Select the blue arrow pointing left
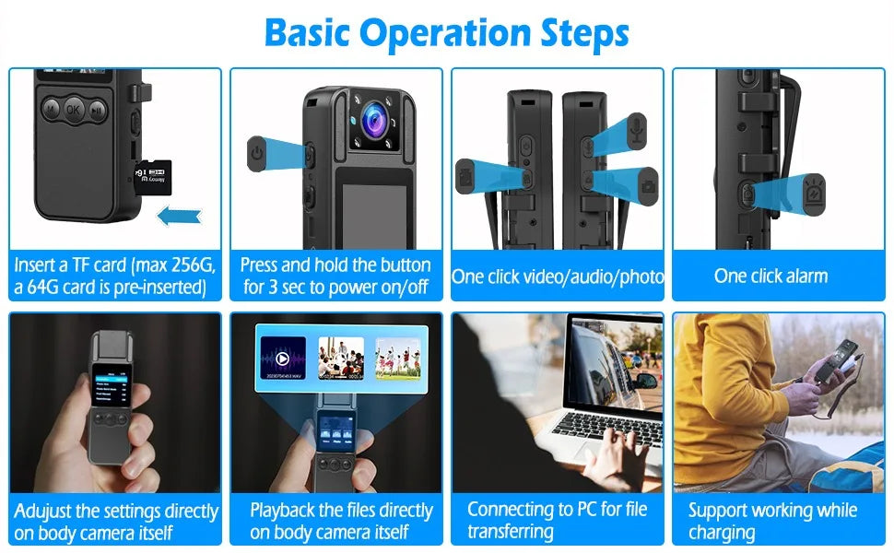click(179, 217)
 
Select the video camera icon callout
click(466, 172)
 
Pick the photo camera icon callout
click(648, 184)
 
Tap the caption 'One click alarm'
click(770, 276)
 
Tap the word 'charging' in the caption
click(722, 533)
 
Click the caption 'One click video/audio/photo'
click(558, 276)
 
